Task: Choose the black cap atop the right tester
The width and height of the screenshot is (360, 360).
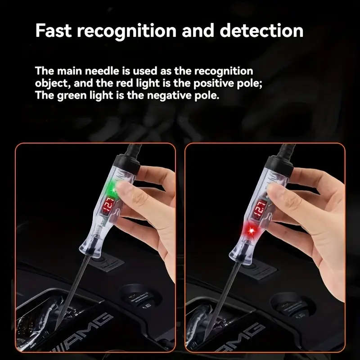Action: tap(280, 162)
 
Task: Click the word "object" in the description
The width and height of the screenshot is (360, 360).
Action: tap(51, 83)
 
